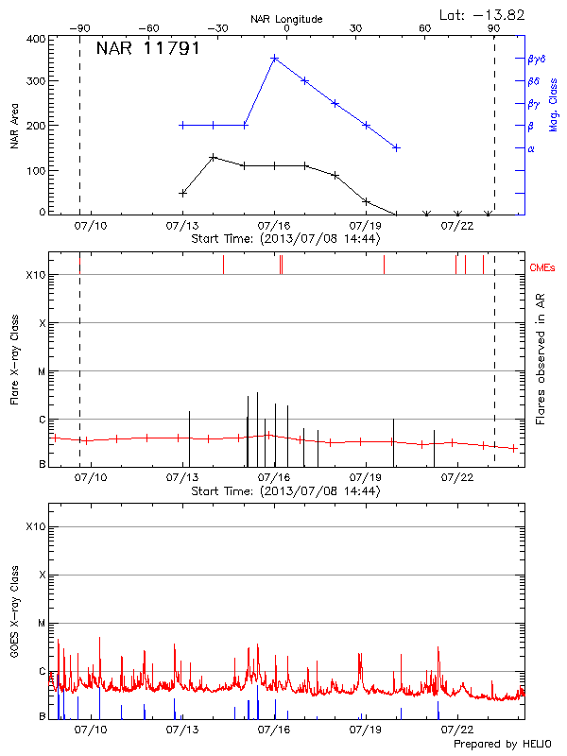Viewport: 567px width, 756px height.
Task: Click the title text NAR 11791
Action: pos(147,49)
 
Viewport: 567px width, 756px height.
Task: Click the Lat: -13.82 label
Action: pos(484,14)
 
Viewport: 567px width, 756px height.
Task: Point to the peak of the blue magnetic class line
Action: pos(275,58)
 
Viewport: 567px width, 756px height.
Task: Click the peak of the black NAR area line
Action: pos(214,157)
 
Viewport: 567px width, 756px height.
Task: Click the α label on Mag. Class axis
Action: pos(531,148)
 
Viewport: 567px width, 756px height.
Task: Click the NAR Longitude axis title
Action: pos(286,18)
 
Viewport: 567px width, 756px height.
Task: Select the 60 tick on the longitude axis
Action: pos(425,28)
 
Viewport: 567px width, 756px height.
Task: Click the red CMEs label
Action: pos(542,270)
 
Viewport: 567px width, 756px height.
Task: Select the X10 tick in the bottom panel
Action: pos(36,526)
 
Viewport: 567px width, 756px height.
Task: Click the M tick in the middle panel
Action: pos(40,371)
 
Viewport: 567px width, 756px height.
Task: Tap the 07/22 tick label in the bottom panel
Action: pos(457,730)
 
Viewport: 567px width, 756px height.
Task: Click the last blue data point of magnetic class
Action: pos(396,147)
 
